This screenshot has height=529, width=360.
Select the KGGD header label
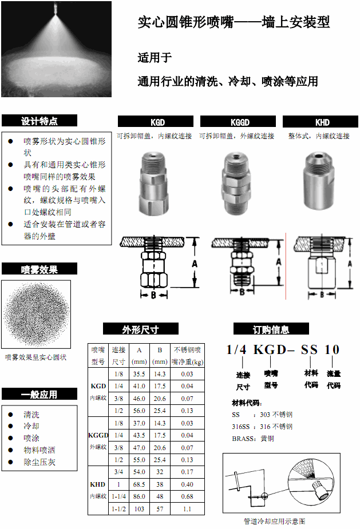pyautogui.click(x=240, y=122)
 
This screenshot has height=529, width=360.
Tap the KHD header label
pyautogui.click(x=322, y=122)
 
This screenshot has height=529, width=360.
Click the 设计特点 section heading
pyautogui.click(x=39, y=121)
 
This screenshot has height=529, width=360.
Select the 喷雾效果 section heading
pyautogui.click(x=39, y=269)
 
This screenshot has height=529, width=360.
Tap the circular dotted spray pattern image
pyautogui.click(x=36, y=314)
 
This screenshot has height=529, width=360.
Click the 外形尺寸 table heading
pyautogui.click(x=141, y=329)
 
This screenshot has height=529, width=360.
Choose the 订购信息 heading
pyautogui.click(x=271, y=329)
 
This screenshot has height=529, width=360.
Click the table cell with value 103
pyautogui.click(x=139, y=508)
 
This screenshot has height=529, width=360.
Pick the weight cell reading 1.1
pyautogui.click(x=187, y=508)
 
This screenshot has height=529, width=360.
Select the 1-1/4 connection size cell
pyautogui.click(x=119, y=496)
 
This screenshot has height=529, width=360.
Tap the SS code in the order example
pyautogui.click(x=309, y=349)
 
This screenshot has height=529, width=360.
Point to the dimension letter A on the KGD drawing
pyautogui.click(x=194, y=264)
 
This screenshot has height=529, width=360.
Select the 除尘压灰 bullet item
pyautogui.click(x=39, y=462)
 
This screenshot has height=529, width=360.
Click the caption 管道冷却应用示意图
pyautogui.click(x=275, y=521)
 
